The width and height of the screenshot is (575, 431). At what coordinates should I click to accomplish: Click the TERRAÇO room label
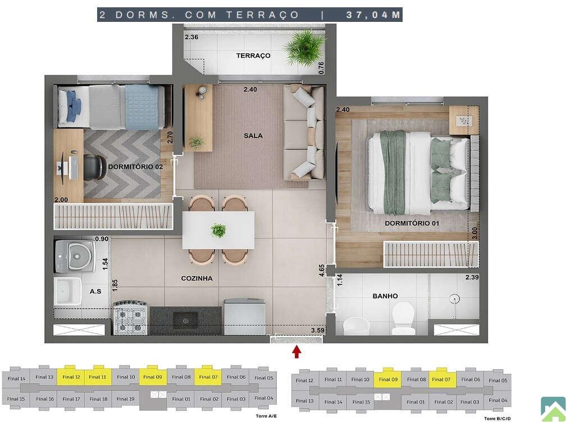click(x=253, y=56)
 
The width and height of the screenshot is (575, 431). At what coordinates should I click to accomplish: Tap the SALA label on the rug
click(x=253, y=136)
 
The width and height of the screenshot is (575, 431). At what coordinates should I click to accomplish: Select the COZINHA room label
click(x=197, y=278)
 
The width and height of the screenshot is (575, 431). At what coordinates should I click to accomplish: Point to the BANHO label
click(x=385, y=296)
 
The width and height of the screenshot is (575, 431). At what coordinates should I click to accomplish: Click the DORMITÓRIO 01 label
click(x=412, y=223)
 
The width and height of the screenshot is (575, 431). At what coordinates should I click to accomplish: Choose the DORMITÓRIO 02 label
click(x=135, y=167)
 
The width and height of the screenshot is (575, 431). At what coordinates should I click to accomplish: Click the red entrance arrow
click(x=296, y=352)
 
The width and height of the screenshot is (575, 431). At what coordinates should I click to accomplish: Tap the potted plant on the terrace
click(x=304, y=48)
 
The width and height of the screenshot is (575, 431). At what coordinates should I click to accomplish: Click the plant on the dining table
click(x=218, y=230)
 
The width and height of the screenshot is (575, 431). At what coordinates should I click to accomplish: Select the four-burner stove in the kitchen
click(x=130, y=318)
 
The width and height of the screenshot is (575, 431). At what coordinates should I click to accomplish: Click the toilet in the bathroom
click(x=403, y=318)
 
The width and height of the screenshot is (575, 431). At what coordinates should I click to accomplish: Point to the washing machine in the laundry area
click(x=75, y=256)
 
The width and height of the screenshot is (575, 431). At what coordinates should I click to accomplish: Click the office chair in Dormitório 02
click(x=94, y=167)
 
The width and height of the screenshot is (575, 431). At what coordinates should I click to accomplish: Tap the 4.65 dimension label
click(x=322, y=270)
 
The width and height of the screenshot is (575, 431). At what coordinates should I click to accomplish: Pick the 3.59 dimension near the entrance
click(x=318, y=330)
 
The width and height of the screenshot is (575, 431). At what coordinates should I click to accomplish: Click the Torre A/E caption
click(x=266, y=416)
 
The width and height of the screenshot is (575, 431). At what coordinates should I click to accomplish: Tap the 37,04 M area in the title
click(x=373, y=15)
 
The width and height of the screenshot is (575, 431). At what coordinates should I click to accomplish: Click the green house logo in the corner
click(x=553, y=409)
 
